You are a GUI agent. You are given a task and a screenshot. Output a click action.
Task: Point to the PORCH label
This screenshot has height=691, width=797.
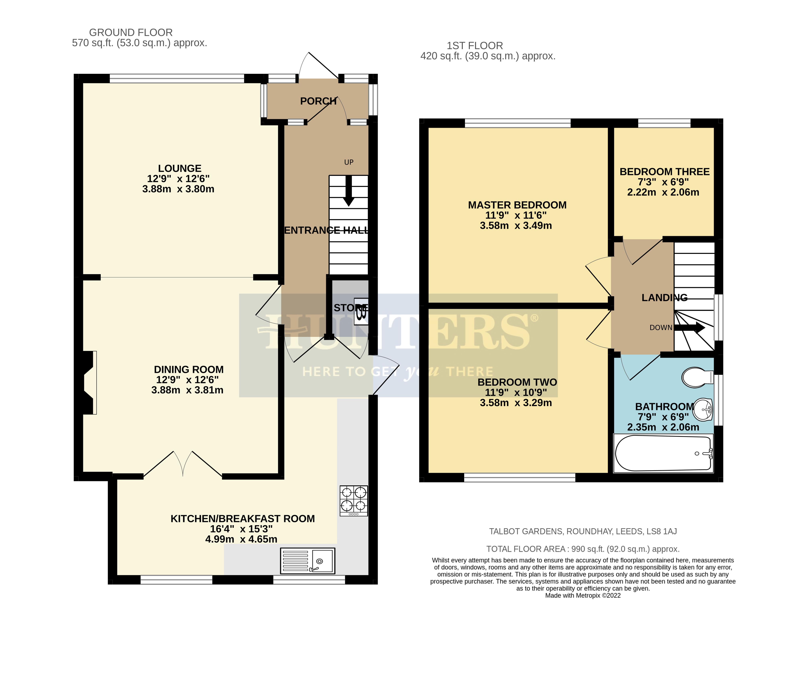coord(318,101)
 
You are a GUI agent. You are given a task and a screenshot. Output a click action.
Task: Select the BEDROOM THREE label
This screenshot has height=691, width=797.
coord(664,172)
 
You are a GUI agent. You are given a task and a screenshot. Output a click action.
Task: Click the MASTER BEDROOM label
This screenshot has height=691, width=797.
coord(517,205)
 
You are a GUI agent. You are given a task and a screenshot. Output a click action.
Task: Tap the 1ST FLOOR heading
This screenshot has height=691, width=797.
coord(474,46)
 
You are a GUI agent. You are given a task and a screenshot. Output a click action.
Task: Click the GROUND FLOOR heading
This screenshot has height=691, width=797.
coord(131,32)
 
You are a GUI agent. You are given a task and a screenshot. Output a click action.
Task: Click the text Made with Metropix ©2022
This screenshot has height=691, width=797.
coord(583,595)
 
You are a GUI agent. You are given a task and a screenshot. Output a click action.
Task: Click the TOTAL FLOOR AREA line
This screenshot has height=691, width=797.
coord(583,549)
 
